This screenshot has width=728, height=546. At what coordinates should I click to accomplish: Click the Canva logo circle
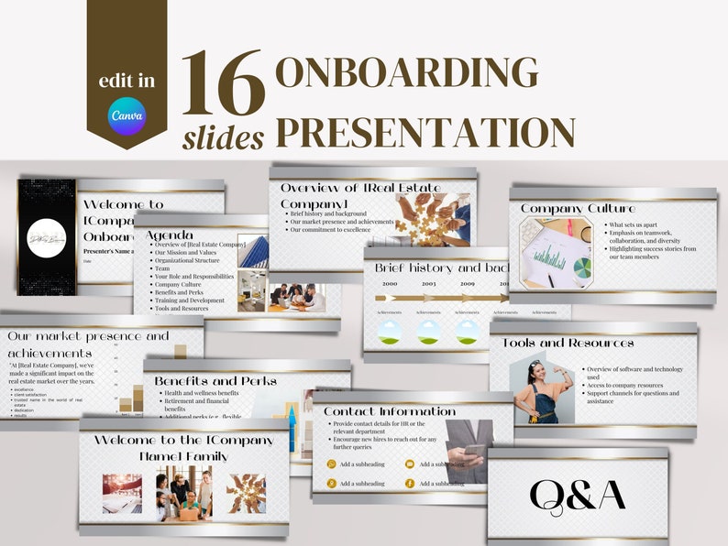click(x=127, y=116)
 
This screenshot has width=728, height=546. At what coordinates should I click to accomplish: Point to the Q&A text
click(x=578, y=495)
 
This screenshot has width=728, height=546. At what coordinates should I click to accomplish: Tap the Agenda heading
click(x=171, y=235)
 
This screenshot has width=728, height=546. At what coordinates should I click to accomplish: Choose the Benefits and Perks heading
click(x=215, y=380)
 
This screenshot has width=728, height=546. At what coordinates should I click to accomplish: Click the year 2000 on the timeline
click(x=390, y=284)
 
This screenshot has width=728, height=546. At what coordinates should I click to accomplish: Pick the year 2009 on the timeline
click(x=469, y=284)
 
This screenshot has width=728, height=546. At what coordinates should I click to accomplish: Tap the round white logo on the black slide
click(x=47, y=237)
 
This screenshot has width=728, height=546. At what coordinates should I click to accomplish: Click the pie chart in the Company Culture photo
click(x=582, y=268)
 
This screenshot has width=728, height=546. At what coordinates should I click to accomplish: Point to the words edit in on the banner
click(x=127, y=82)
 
